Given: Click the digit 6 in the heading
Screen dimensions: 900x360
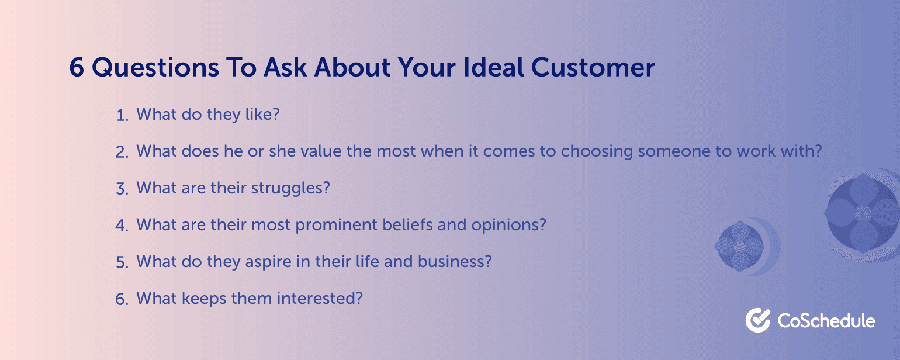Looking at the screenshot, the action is [x=77, y=67].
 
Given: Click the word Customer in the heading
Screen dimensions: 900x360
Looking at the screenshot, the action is [x=593, y=67].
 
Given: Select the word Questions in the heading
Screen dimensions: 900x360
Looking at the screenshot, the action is [x=155, y=68].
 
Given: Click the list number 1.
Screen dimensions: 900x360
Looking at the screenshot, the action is [x=122, y=116].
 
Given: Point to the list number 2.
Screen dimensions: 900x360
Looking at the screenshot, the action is [x=122, y=153].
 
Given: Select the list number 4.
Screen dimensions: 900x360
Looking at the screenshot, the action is [x=122, y=226].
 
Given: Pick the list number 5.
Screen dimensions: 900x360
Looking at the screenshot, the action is [x=122, y=263].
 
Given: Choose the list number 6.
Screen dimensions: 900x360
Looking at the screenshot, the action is [x=122, y=300].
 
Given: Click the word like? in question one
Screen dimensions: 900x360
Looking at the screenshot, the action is [x=262, y=114].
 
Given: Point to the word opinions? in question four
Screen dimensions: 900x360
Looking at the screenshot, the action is [x=508, y=226].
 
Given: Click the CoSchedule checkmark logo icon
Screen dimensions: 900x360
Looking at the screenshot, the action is [x=758, y=320].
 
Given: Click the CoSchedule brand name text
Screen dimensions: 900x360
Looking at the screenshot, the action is [x=826, y=321].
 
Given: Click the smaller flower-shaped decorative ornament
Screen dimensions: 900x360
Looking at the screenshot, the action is [x=740, y=246].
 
